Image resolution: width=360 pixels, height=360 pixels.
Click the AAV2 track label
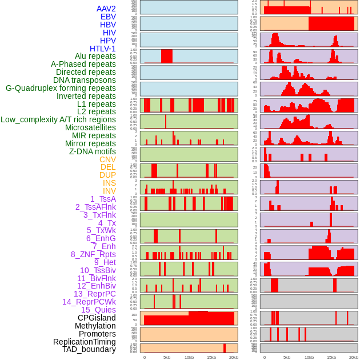pyautogui.click(x=106, y=9)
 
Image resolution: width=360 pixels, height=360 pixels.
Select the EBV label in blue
pyautogui.click(x=108, y=17)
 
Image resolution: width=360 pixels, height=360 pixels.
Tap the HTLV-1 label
pyautogui.click(x=102, y=49)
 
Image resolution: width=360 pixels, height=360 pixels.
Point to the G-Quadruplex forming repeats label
pyautogui.click(x=61, y=88)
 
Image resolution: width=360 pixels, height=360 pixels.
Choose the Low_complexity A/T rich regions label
pyautogui.click(x=58, y=119)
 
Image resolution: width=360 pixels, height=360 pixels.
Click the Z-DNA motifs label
pyautogui.click(x=92, y=151)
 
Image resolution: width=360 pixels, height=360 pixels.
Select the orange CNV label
pyautogui.click(x=107, y=159)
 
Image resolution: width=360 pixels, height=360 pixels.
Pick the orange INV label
pyautogui.click(x=109, y=191)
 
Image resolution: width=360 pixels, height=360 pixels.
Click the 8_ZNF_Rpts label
pyautogui.click(x=93, y=254)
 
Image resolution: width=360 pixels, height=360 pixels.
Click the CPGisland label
pyautogui.click(x=97, y=318)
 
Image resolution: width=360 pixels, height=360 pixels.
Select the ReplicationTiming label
pyautogui.click(x=84, y=342)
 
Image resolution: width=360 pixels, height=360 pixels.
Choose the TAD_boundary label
pyautogui.click(x=89, y=349)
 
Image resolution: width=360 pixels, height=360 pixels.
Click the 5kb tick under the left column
pyautogui.click(x=166, y=357)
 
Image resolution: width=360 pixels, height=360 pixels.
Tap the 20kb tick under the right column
pyautogui.click(x=354, y=357)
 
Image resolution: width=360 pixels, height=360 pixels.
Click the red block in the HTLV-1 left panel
pyautogui.click(x=166, y=56)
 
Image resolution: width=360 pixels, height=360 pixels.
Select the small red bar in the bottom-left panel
pyautogui.click(x=225, y=348)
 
